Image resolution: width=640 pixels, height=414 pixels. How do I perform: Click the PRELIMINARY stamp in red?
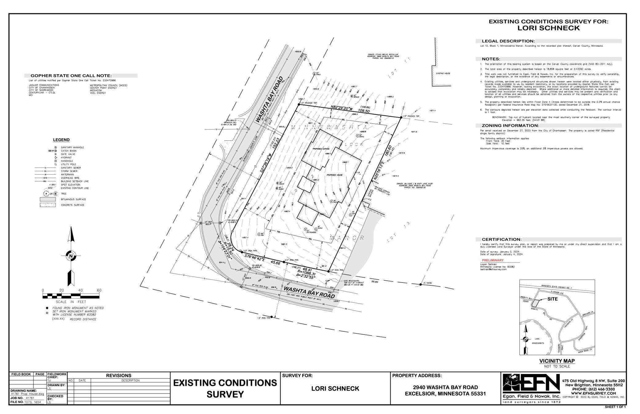click(492, 260)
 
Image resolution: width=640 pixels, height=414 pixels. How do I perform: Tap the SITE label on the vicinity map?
click(552, 299)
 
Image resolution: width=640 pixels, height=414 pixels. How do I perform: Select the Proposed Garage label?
click(321, 149)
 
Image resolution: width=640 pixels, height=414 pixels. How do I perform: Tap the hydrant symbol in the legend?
click(56, 158)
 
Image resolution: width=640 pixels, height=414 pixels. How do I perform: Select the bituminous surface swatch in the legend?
click(47, 199)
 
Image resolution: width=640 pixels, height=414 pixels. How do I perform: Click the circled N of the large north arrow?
click(71, 256)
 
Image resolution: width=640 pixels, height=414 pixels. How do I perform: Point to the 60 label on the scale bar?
click(99, 290)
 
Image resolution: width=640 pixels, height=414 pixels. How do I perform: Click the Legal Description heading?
click(508, 41)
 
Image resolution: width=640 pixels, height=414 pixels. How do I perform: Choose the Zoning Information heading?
click(510, 126)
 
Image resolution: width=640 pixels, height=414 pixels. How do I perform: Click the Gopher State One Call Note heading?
click(71, 76)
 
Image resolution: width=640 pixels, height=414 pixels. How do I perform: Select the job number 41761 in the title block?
click(30, 398)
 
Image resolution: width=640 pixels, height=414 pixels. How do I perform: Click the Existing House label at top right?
click(443, 74)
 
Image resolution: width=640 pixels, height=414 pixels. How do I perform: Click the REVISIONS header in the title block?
click(118, 376)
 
